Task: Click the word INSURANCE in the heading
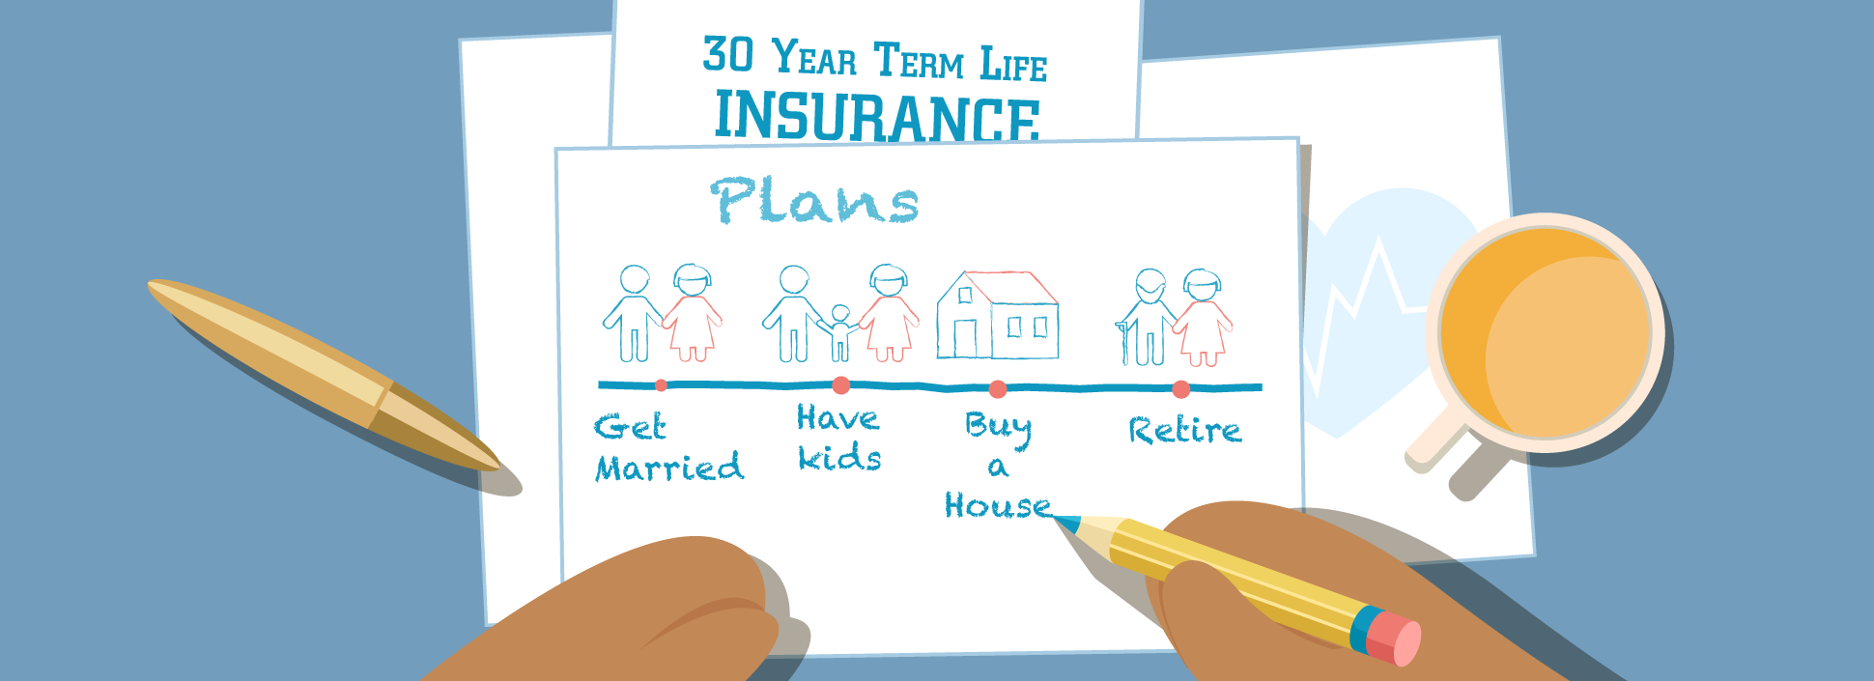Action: click(876, 116)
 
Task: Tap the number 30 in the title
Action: click(727, 55)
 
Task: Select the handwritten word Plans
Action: click(813, 201)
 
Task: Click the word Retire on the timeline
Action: click(1184, 430)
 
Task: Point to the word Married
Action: click(669, 468)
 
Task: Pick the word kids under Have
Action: click(839, 457)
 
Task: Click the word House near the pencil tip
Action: click(998, 505)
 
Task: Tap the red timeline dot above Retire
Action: click(1180, 389)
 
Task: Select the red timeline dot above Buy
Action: click(998, 389)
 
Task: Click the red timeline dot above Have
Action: click(841, 385)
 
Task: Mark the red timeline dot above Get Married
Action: click(661, 385)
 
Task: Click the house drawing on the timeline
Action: click(997, 315)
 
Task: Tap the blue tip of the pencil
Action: click(1066, 525)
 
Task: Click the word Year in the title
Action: click(814, 58)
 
